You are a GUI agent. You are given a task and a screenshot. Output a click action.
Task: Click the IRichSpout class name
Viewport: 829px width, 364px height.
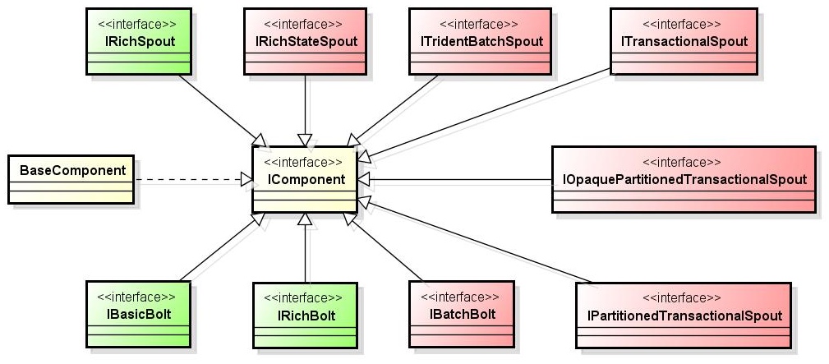click(x=140, y=41)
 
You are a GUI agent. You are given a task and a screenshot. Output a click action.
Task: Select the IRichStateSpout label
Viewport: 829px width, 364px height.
click(x=305, y=41)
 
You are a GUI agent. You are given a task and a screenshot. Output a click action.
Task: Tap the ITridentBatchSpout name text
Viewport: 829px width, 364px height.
click(x=480, y=41)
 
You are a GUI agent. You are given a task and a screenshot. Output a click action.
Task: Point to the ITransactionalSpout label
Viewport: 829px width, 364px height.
click(x=684, y=41)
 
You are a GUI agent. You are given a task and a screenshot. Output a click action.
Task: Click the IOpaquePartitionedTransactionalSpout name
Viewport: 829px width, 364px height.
click(x=683, y=179)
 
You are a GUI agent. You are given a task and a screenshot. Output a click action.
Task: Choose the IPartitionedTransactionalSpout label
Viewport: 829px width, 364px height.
click(x=684, y=316)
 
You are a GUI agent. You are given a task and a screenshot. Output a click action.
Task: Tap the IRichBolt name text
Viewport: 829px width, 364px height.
click(x=306, y=316)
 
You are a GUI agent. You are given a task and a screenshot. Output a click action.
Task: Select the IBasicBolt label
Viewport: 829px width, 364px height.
click(x=139, y=315)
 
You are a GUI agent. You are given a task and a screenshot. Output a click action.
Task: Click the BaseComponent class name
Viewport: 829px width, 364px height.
click(x=72, y=171)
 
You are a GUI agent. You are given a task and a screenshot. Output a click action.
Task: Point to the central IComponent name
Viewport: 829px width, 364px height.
click(x=306, y=179)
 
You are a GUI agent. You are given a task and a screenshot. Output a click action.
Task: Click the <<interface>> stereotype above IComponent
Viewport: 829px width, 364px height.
click(x=303, y=162)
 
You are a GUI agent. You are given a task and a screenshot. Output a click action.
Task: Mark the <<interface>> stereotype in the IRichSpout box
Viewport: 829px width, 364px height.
click(x=137, y=25)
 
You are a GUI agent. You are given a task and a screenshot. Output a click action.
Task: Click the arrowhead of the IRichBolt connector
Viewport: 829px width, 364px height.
click(x=305, y=219)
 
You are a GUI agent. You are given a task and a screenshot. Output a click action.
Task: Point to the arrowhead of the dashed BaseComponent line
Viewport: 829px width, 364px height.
click(x=246, y=180)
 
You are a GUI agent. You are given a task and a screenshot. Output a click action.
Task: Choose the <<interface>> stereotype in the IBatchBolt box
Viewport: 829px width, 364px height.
click(x=459, y=297)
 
